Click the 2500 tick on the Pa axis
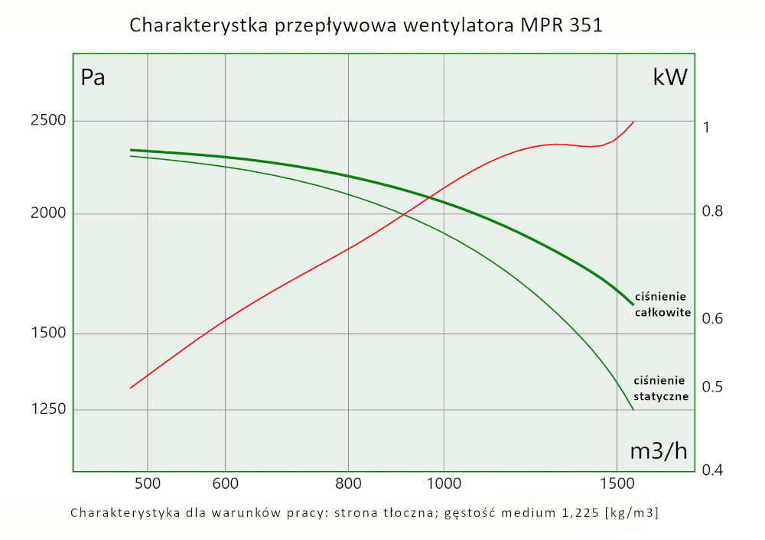pyautogui.click(x=48, y=121)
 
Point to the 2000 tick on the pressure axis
pyautogui.click(x=48, y=214)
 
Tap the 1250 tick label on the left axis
pyautogui.click(x=48, y=409)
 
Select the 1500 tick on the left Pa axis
pyautogui.click(x=48, y=333)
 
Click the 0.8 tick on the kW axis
pyautogui.click(x=712, y=212)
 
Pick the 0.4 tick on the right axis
pyautogui.click(x=712, y=470)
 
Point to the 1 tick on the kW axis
pyautogui.click(x=706, y=127)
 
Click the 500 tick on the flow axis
pyautogui.click(x=147, y=483)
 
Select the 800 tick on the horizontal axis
pyautogui.click(x=348, y=483)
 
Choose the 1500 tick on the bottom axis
pyautogui.click(x=617, y=483)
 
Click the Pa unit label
pyautogui.click(x=93, y=78)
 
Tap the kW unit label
pyautogui.click(x=670, y=77)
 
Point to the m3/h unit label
pyautogui.click(x=659, y=451)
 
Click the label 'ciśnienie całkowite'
pyautogui.click(x=662, y=304)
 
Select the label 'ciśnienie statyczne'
pyautogui.click(x=662, y=389)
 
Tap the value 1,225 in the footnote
pyautogui.click(x=581, y=512)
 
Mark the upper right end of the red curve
pyautogui.click(x=633, y=122)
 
